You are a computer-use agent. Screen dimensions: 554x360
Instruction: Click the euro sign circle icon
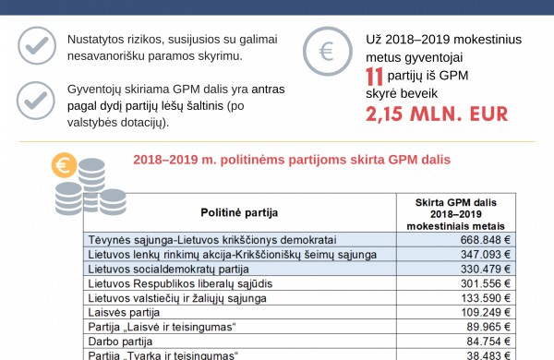coord(327,52)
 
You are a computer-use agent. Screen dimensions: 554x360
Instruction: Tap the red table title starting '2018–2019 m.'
coord(292,160)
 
